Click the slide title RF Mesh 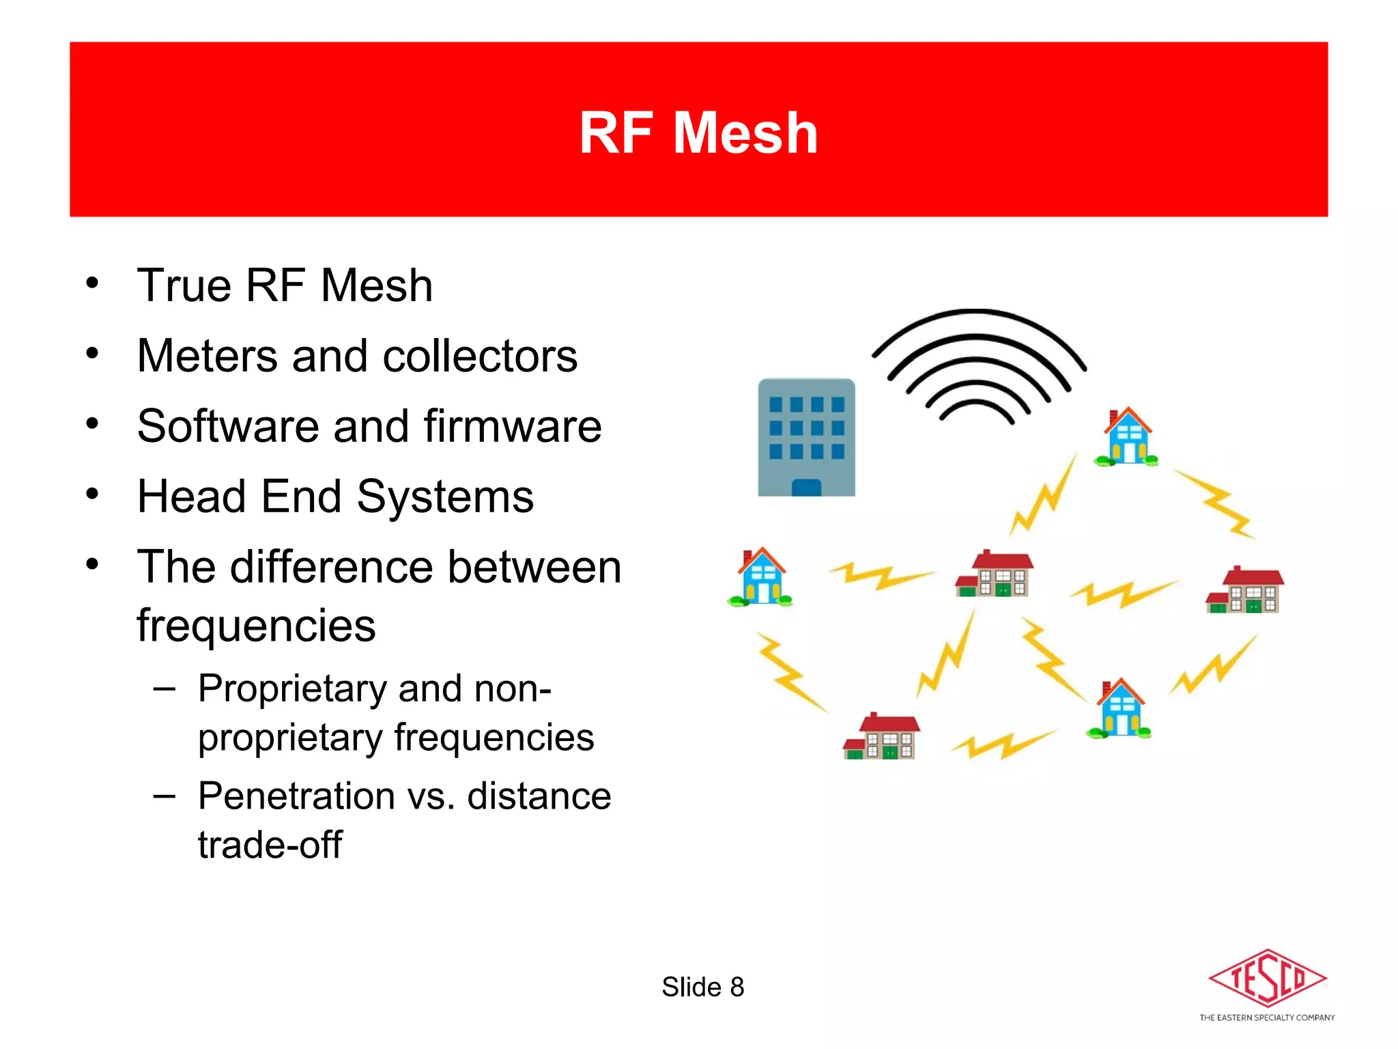[x=698, y=133]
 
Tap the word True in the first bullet [x=183, y=285]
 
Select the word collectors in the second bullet [x=479, y=356]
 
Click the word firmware [x=512, y=426]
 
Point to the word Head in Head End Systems [x=191, y=496]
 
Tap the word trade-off [x=270, y=845]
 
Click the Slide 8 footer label [x=702, y=988]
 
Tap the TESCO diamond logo [x=1267, y=978]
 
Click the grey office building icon [x=806, y=437]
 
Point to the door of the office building [x=806, y=488]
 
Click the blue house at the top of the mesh [x=1128, y=437]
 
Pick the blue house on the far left [x=760, y=577]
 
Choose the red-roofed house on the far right [x=1246, y=590]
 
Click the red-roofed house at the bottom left [x=882, y=737]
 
